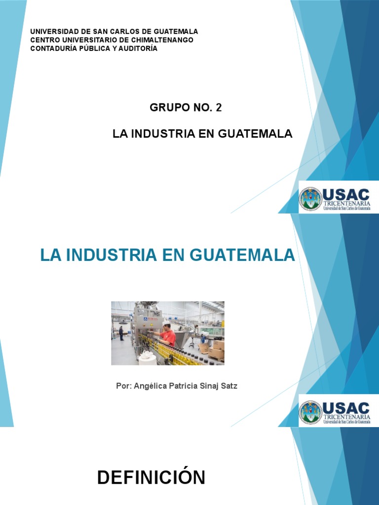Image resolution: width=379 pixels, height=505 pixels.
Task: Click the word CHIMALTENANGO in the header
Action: click(162, 40)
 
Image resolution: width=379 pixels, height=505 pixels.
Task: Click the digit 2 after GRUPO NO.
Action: click(219, 108)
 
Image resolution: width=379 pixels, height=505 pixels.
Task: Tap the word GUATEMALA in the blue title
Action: click(242, 255)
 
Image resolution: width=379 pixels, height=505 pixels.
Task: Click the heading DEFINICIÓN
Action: click(151, 477)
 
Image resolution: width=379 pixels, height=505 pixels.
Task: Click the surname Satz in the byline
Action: click(229, 386)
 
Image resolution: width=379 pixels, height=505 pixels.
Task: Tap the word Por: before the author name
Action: click(124, 386)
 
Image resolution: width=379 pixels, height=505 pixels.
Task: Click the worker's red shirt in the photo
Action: click(169, 337)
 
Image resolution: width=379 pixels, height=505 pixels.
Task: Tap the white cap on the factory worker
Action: click(166, 323)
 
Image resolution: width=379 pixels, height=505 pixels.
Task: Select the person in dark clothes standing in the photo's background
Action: click(121, 333)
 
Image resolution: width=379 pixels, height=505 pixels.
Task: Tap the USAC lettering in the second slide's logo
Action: click(346, 408)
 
